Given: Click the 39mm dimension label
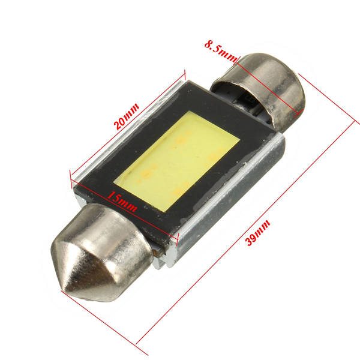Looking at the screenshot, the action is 257,232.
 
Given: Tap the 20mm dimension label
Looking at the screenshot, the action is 126,116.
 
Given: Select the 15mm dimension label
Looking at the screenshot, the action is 122,202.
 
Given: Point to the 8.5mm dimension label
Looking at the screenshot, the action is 220,51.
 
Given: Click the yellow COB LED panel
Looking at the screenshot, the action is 177,161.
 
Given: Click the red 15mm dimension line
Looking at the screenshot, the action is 124,210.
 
